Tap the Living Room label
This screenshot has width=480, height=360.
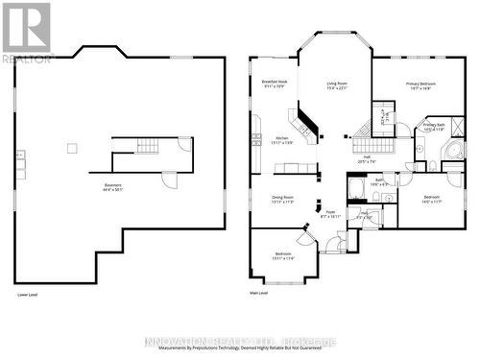pos(337,86)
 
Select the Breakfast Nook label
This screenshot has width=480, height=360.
pos(276,84)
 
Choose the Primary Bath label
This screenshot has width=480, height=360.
pos(434,126)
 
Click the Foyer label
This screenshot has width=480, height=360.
pos(330,214)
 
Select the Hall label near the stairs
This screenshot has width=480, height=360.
pos(366,161)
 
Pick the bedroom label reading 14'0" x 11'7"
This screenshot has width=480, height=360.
pos(431,199)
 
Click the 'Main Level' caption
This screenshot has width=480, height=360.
pos(258,295)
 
